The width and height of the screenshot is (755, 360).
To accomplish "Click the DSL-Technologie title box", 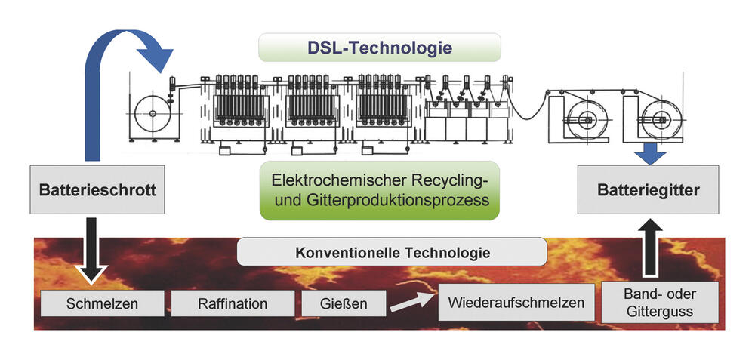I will coord(379,48).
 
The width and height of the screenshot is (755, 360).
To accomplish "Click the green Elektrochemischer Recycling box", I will coord(379,190).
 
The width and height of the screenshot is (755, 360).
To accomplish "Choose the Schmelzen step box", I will coord(102,304).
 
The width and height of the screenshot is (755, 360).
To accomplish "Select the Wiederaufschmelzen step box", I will coord(516,303).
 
